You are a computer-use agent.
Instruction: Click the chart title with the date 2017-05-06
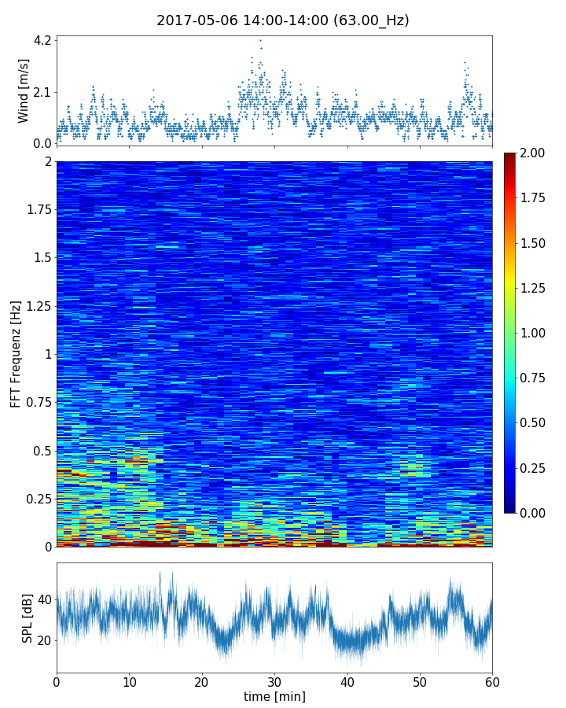[x=282, y=20]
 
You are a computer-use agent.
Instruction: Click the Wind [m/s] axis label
[x=24, y=90]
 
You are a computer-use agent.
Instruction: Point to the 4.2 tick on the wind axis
[x=42, y=40]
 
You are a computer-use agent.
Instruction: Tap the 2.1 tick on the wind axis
[x=42, y=92]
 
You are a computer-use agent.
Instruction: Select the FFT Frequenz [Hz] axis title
[x=16, y=353]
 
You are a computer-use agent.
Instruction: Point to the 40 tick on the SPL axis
[x=43, y=599]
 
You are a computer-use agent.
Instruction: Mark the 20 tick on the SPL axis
[x=43, y=640]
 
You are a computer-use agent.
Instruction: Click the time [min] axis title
[x=274, y=696]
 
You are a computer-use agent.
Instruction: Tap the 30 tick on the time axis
[x=274, y=679]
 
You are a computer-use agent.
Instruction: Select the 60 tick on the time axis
[x=492, y=679]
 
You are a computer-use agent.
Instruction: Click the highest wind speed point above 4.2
[x=260, y=40]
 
